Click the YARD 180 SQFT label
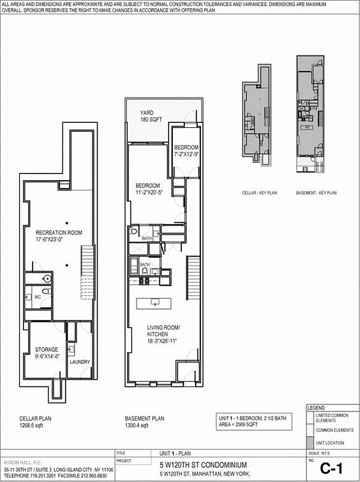[152, 116]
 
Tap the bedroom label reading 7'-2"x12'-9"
[186, 151]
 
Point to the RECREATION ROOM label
[58, 236]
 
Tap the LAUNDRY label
[79, 362]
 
